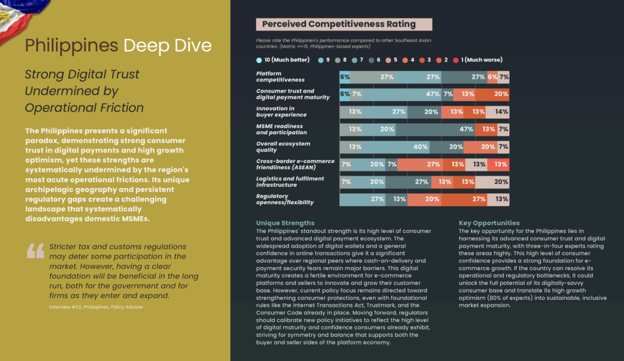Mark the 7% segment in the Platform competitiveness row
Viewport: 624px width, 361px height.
[x=504, y=77]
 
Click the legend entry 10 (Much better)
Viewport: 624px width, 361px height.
[x=280, y=60]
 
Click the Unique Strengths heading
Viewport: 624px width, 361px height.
[x=285, y=223]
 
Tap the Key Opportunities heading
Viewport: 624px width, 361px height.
[x=489, y=223]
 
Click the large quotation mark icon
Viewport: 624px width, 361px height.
[x=35, y=251]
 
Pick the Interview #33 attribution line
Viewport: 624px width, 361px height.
[x=96, y=307]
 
